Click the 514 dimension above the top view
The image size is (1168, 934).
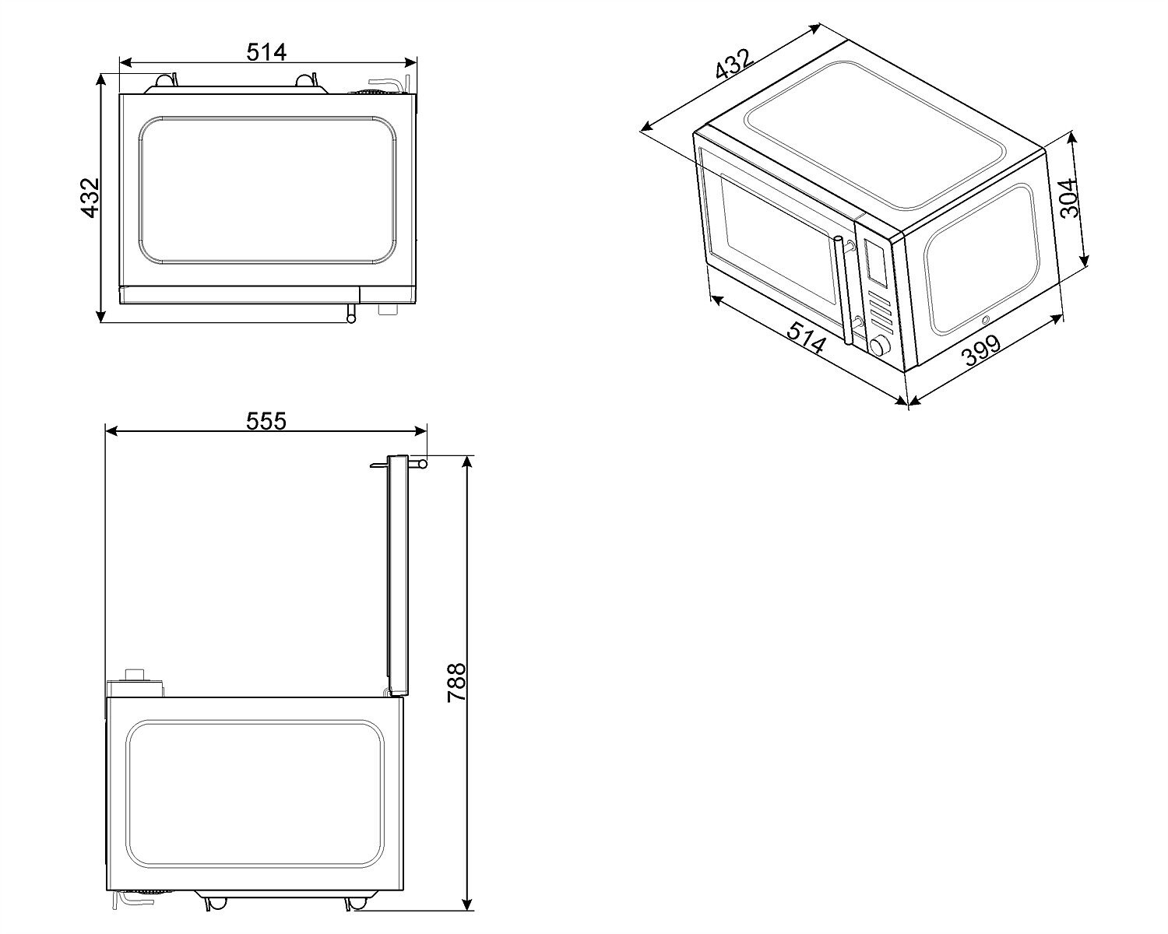pos(266,51)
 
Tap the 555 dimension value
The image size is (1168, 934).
pos(266,421)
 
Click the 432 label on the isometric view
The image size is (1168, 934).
pos(734,66)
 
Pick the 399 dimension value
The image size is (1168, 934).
pos(980,353)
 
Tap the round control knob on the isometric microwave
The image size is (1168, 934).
pos(881,346)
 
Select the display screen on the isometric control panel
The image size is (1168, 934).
pos(874,262)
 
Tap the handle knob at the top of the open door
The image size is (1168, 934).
pos(421,464)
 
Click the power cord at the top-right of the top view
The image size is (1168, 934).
pos(389,83)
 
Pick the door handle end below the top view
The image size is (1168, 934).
pos(351,315)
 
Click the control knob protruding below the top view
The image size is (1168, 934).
pos(385,309)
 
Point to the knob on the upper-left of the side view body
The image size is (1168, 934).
pos(137,674)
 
